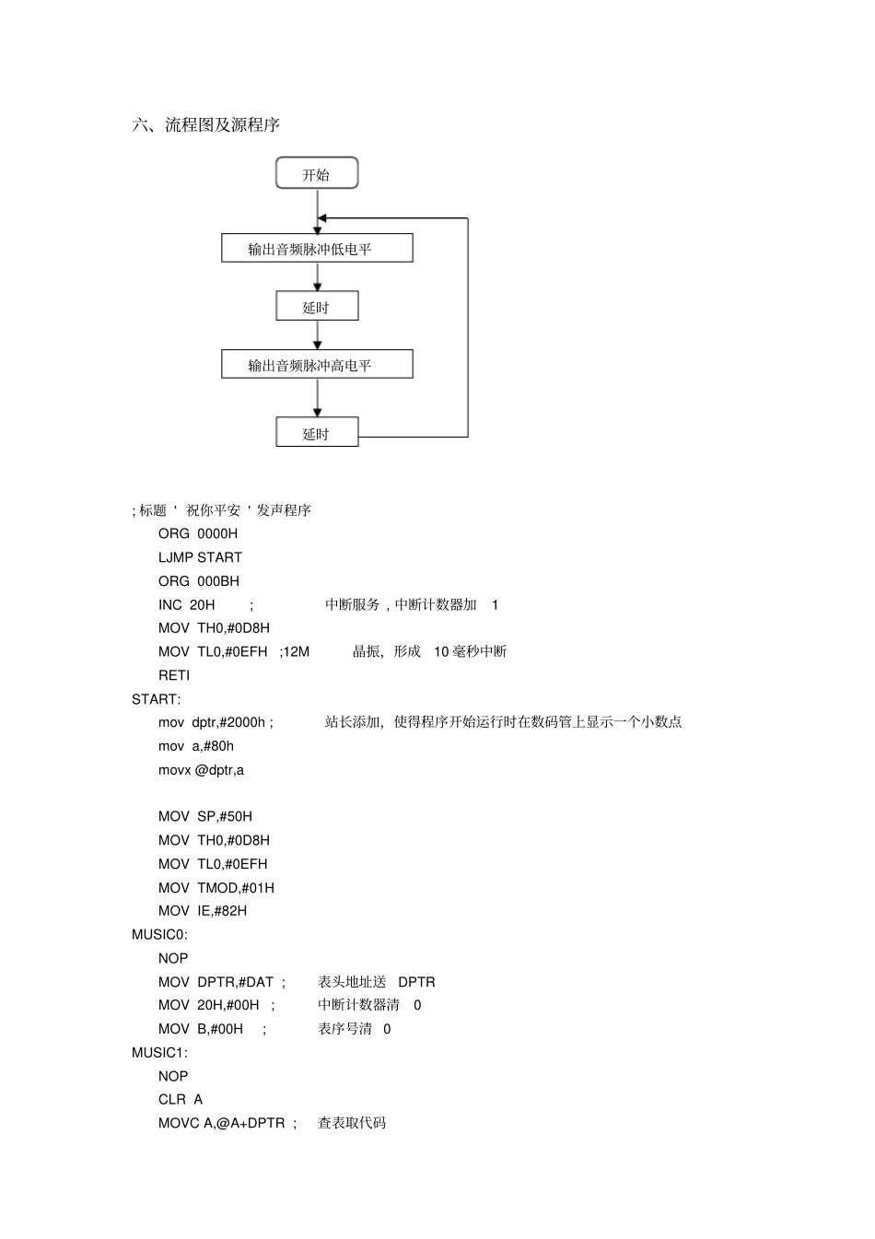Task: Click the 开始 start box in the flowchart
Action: coord(317,172)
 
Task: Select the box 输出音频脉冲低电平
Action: coord(317,248)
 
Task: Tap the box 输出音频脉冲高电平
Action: coord(317,364)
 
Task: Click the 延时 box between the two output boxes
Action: coord(317,306)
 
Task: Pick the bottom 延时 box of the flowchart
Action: coord(317,432)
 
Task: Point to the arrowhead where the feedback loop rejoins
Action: coord(321,218)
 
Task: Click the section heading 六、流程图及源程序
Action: coord(205,125)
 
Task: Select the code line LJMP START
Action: coord(200,557)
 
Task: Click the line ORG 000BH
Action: coord(199,581)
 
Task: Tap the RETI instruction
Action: coord(174,675)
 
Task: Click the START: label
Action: coord(156,700)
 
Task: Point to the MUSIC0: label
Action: coord(159,935)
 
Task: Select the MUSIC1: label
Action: coord(159,1053)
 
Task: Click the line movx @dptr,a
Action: coord(201,770)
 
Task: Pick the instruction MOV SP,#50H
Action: coord(205,816)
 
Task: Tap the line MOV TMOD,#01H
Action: coord(216,888)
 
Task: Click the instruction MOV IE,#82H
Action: coord(203,911)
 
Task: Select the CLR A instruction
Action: coord(181,1100)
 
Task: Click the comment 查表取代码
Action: coord(352,1124)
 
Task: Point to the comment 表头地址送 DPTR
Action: coord(376,982)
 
